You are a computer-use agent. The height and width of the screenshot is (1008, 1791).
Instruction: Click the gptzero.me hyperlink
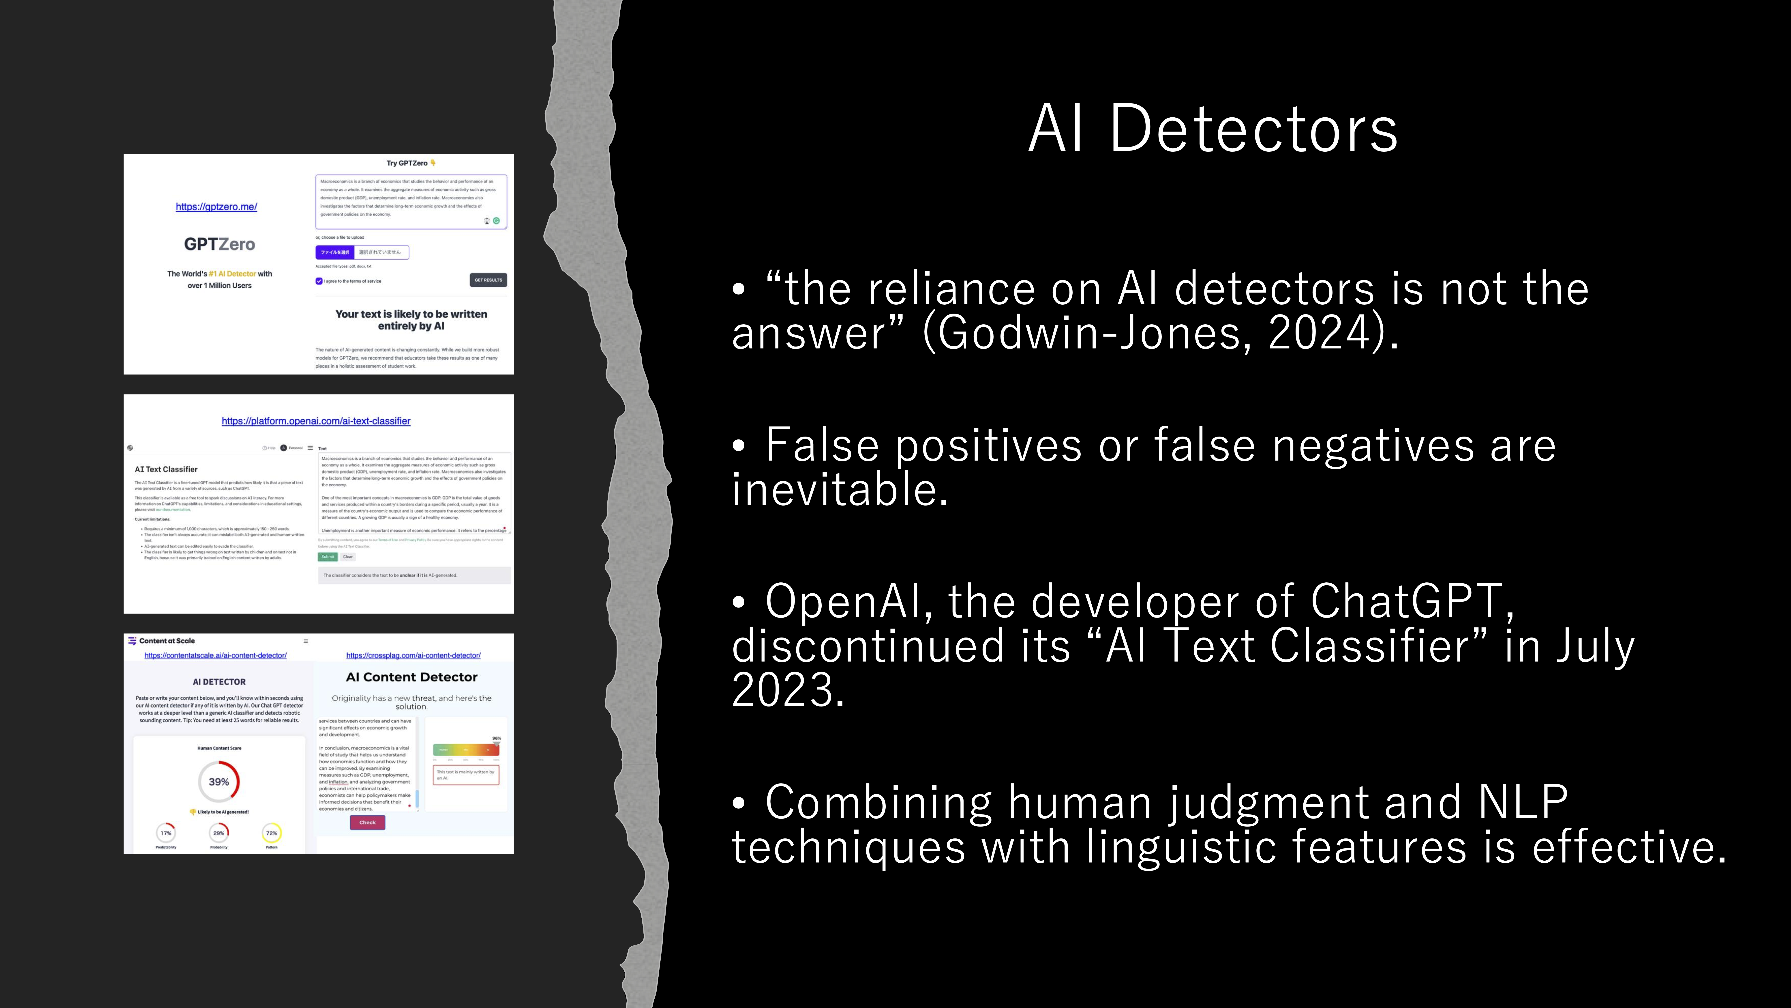pyautogui.click(x=216, y=207)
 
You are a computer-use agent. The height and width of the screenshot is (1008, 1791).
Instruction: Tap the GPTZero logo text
pyautogui.click(x=219, y=244)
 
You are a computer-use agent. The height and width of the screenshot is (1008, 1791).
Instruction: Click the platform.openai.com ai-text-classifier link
pyautogui.click(x=316, y=421)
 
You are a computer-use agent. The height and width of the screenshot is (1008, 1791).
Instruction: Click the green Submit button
pyautogui.click(x=328, y=556)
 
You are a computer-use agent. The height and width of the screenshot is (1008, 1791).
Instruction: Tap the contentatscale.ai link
pyautogui.click(x=216, y=655)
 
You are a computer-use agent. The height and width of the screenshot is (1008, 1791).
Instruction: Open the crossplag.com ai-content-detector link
pyautogui.click(x=413, y=655)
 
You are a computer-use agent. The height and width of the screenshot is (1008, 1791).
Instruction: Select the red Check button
pyautogui.click(x=367, y=822)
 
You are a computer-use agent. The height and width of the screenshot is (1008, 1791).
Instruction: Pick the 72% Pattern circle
pyautogui.click(x=272, y=833)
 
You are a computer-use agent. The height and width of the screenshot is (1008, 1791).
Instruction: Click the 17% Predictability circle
pyautogui.click(x=165, y=833)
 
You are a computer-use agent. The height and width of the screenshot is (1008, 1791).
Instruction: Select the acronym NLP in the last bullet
pyautogui.click(x=1523, y=802)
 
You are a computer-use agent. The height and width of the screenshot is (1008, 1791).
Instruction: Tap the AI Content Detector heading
pyautogui.click(x=412, y=677)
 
